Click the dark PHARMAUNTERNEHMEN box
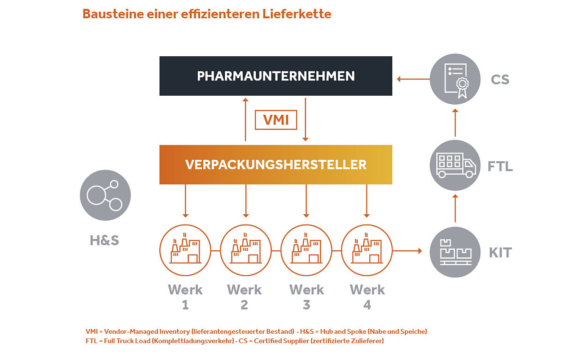point(276,76)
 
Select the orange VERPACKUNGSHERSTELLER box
point(276,164)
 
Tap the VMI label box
point(276,120)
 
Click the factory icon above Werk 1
point(185,250)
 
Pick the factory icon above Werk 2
point(246,250)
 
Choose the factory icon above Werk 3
point(306,250)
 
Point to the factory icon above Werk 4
point(367,250)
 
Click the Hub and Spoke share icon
point(105,195)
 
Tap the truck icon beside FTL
point(455,165)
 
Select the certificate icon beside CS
point(455,79)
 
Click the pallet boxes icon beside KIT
point(455,252)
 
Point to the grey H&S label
point(104,241)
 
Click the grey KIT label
point(500,253)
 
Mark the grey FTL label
point(500,166)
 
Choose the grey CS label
point(500,80)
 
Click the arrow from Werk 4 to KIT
point(407,251)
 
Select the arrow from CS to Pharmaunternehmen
point(413,79)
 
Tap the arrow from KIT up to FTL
point(455,208)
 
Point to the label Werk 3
point(306,297)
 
